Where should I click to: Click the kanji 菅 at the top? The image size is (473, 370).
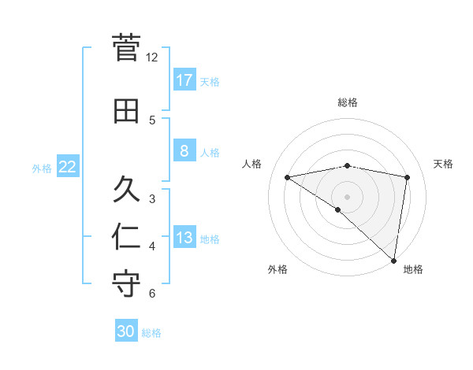point(127,49)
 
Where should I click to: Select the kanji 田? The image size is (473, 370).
point(127,111)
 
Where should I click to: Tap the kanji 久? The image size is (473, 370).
point(127,190)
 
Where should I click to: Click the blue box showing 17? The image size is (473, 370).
point(184,80)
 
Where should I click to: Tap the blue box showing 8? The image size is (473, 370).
point(184,150)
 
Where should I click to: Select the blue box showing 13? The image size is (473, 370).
point(184,237)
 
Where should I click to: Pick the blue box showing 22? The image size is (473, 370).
point(67,166)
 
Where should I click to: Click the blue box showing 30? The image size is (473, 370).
point(126,331)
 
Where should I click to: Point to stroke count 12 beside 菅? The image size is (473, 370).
point(151,57)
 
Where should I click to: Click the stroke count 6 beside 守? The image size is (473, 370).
point(151,294)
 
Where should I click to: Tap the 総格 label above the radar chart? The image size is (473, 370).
point(347,102)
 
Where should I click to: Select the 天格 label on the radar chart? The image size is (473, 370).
point(443,164)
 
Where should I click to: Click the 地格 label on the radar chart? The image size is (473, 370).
point(413,269)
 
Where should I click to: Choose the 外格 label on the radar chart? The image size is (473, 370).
point(277,269)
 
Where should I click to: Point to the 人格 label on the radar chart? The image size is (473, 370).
point(252,164)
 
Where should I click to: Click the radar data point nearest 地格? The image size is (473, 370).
point(393,260)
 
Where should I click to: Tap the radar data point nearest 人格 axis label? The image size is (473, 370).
point(288,177)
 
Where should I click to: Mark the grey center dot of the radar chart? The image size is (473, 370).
point(347,196)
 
